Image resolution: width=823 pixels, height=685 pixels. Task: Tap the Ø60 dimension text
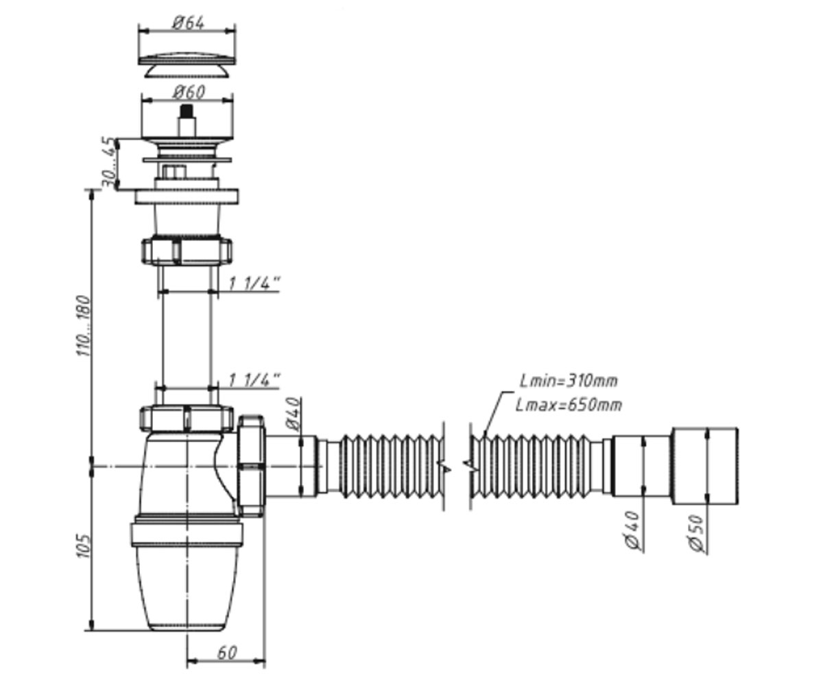[x=189, y=92]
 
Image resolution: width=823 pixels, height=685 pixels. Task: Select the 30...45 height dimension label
[x=110, y=162]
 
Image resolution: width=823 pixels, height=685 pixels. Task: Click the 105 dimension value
[x=83, y=546]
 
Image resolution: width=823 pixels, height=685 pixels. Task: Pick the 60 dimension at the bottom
[x=226, y=653]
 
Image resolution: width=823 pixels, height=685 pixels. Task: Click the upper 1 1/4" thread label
[x=254, y=284]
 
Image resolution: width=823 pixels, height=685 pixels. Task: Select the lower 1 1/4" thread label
[x=254, y=380]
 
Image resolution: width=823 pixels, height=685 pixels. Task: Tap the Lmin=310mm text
[x=569, y=381]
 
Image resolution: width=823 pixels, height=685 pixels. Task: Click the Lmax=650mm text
[x=569, y=405]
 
